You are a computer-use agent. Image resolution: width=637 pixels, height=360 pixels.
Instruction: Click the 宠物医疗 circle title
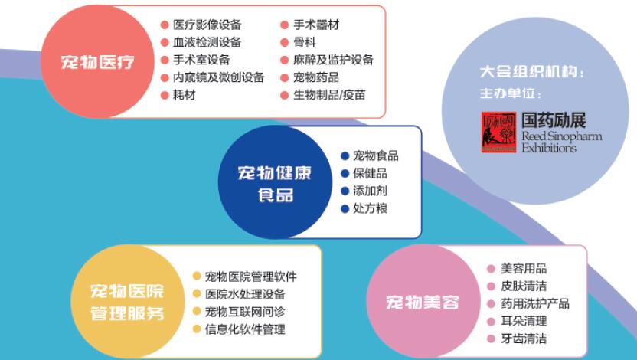pos(97,62)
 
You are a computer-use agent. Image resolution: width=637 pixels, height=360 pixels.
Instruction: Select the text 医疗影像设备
pos(207,25)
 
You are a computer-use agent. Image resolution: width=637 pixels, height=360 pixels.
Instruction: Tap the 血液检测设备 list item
pos(207,42)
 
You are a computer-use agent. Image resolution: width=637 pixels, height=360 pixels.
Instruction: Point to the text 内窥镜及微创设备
pos(218,77)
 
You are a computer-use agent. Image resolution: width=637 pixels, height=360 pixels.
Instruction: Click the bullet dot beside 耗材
pos(165,95)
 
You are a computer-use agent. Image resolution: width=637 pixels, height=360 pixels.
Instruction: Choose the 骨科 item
pos(305,42)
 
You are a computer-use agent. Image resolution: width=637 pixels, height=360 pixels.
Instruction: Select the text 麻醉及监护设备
pos(333,60)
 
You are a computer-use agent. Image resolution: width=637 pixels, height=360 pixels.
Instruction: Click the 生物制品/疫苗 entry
pos(329,95)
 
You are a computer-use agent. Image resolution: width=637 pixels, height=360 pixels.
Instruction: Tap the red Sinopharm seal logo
pos(498,133)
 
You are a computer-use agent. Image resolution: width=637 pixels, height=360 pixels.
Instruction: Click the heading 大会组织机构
pos(529,72)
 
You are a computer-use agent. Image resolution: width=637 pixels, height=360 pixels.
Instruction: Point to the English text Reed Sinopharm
pos(561,136)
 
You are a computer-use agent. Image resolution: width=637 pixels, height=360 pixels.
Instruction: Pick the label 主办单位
pos(508,93)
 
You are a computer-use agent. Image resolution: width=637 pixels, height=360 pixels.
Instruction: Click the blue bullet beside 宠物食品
pos(345,155)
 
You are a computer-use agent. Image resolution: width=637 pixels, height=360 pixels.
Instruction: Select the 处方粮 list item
pos(370,208)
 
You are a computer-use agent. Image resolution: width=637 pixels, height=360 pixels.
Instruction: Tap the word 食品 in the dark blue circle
pos(276,195)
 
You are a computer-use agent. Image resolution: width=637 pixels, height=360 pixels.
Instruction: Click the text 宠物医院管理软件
pos(250,277)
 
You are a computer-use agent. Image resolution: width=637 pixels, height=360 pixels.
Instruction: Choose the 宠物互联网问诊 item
pos(245,312)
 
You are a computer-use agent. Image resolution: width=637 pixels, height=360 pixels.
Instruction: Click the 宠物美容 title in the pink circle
pos(423,303)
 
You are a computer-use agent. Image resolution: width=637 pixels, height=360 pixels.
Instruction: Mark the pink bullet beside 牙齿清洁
pos(492,339)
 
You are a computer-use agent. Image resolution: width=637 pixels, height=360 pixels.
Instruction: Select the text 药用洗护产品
pos(535,303)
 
